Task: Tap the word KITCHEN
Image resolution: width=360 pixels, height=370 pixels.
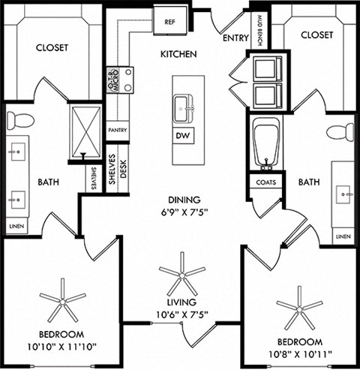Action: (178, 55)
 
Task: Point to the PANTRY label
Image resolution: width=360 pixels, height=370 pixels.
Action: (116, 130)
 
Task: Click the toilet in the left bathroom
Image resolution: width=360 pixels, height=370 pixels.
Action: (22, 119)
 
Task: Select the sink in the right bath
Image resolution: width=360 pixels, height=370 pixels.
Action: (346, 193)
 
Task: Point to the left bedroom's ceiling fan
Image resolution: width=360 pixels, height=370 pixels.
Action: (62, 301)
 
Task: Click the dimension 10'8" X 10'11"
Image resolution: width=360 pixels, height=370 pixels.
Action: (299, 353)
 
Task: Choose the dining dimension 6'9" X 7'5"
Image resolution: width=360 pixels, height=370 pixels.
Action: (182, 212)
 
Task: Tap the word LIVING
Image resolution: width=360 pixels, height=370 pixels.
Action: (183, 302)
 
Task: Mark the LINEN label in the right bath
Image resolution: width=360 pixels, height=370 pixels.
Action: (342, 236)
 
